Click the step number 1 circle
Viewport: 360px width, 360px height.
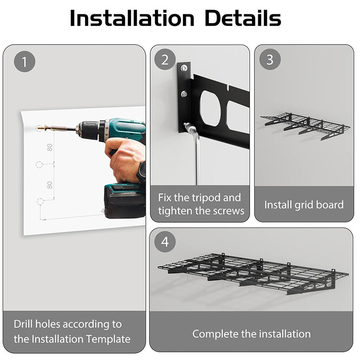pos(24,61)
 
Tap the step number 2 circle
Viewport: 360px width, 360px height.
pos(165,60)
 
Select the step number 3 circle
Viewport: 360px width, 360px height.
pos(270,59)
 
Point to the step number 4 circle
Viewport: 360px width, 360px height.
pos(165,241)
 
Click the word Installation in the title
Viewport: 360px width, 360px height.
pos(132,18)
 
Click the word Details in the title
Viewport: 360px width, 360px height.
pos(243,18)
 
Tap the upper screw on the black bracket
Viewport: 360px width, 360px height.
pos(184,68)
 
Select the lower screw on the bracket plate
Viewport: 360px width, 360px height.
pos(184,94)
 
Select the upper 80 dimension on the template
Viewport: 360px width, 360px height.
pos(49,147)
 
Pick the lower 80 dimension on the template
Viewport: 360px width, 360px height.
pos(49,185)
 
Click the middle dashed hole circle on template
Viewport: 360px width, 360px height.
pos(39,164)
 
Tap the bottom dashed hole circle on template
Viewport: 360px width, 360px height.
pos(40,201)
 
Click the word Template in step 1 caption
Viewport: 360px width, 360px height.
pos(108,339)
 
